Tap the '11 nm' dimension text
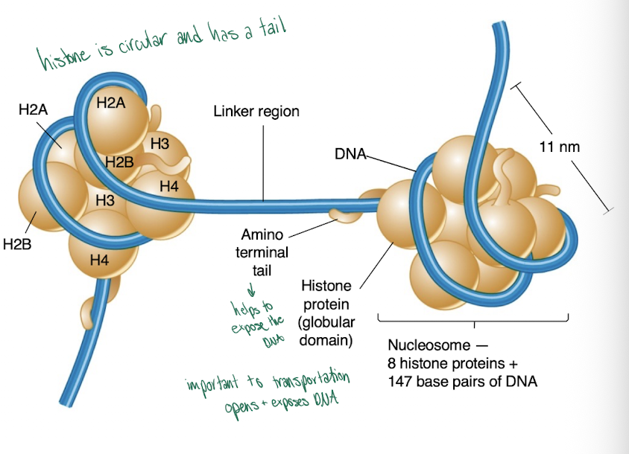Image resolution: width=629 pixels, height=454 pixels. tap(559, 147)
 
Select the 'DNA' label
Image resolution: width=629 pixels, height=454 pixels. tap(350, 155)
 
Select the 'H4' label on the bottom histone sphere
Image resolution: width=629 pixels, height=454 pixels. tap(98, 260)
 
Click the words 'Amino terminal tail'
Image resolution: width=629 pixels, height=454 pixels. tap(262, 253)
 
